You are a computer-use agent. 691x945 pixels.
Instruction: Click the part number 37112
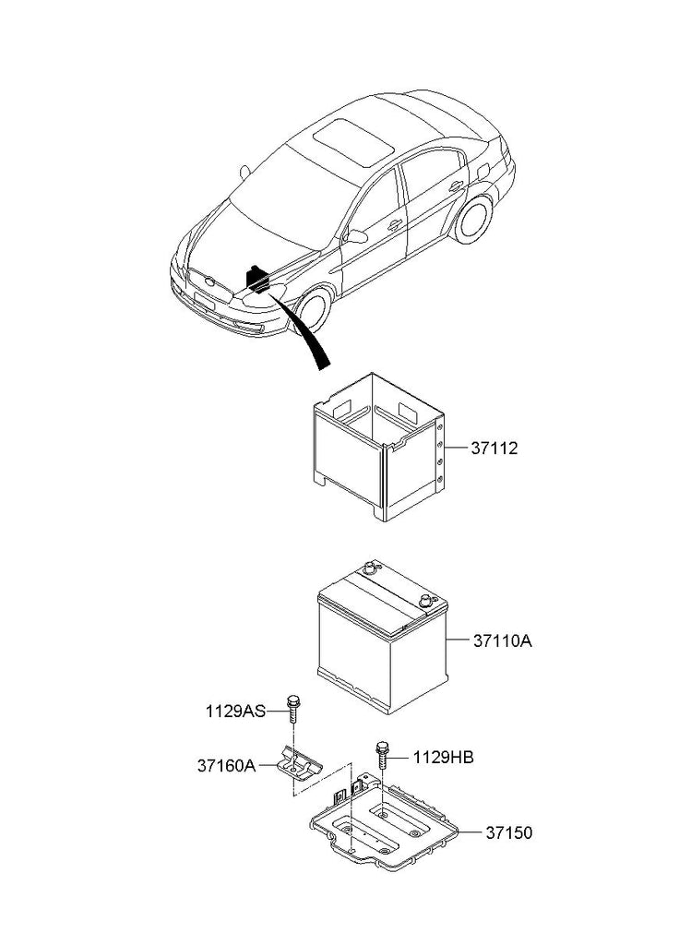(x=494, y=449)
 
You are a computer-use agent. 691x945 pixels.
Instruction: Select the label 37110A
(x=503, y=640)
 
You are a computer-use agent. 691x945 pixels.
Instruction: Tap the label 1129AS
(x=235, y=712)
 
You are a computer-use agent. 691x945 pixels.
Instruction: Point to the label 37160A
(x=227, y=766)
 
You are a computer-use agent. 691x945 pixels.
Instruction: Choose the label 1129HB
(x=444, y=758)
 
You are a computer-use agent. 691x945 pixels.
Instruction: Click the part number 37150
(x=509, y=833)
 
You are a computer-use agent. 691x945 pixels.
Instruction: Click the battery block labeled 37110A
(x=382, y=638)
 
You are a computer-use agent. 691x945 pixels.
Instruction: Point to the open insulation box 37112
(x=379, y=447)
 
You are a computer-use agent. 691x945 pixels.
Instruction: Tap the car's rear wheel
(x=473, y=218)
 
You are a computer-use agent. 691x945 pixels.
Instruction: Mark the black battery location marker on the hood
(x=257, y=279)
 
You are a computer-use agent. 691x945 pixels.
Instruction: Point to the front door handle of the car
(x=395, y=225)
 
